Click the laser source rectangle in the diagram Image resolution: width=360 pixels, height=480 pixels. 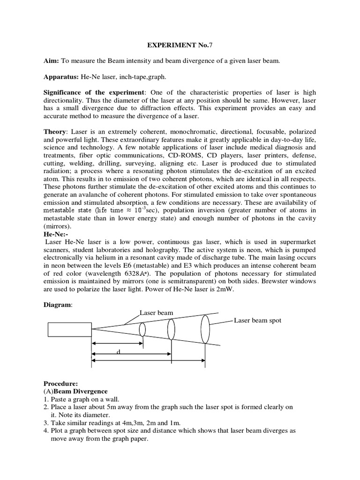[x=69, y=330]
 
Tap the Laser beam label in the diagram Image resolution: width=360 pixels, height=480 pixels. [x=156, y=312]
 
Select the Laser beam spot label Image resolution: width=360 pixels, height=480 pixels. [x=258, y=321]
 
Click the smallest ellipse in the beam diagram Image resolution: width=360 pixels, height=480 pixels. [x=142, y=330]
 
